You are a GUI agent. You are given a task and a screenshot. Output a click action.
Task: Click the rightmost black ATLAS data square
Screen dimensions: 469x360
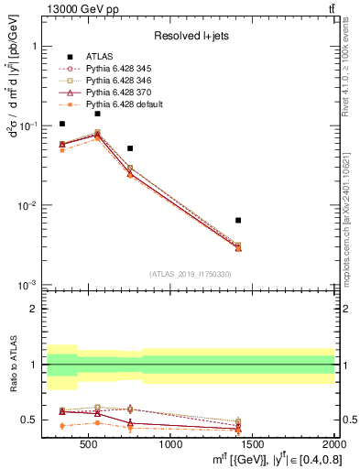tap(238, 220)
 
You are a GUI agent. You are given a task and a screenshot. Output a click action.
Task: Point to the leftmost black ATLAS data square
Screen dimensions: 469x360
tap(62, 124)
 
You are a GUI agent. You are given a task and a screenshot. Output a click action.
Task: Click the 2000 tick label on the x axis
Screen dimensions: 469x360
tap(333, 445)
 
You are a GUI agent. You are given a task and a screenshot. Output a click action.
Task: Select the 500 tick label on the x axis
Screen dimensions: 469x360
tap(89, 445)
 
